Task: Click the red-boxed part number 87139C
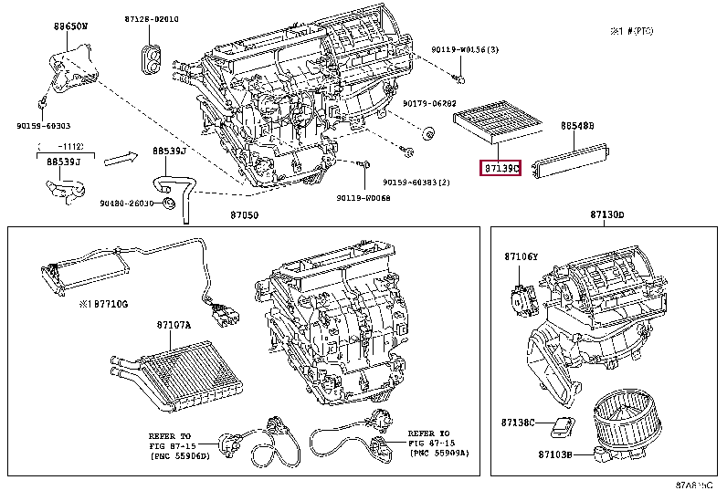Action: pyautogui.click(x=500, y=169)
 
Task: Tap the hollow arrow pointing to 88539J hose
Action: pyautogui.click(x=119, y=160)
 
